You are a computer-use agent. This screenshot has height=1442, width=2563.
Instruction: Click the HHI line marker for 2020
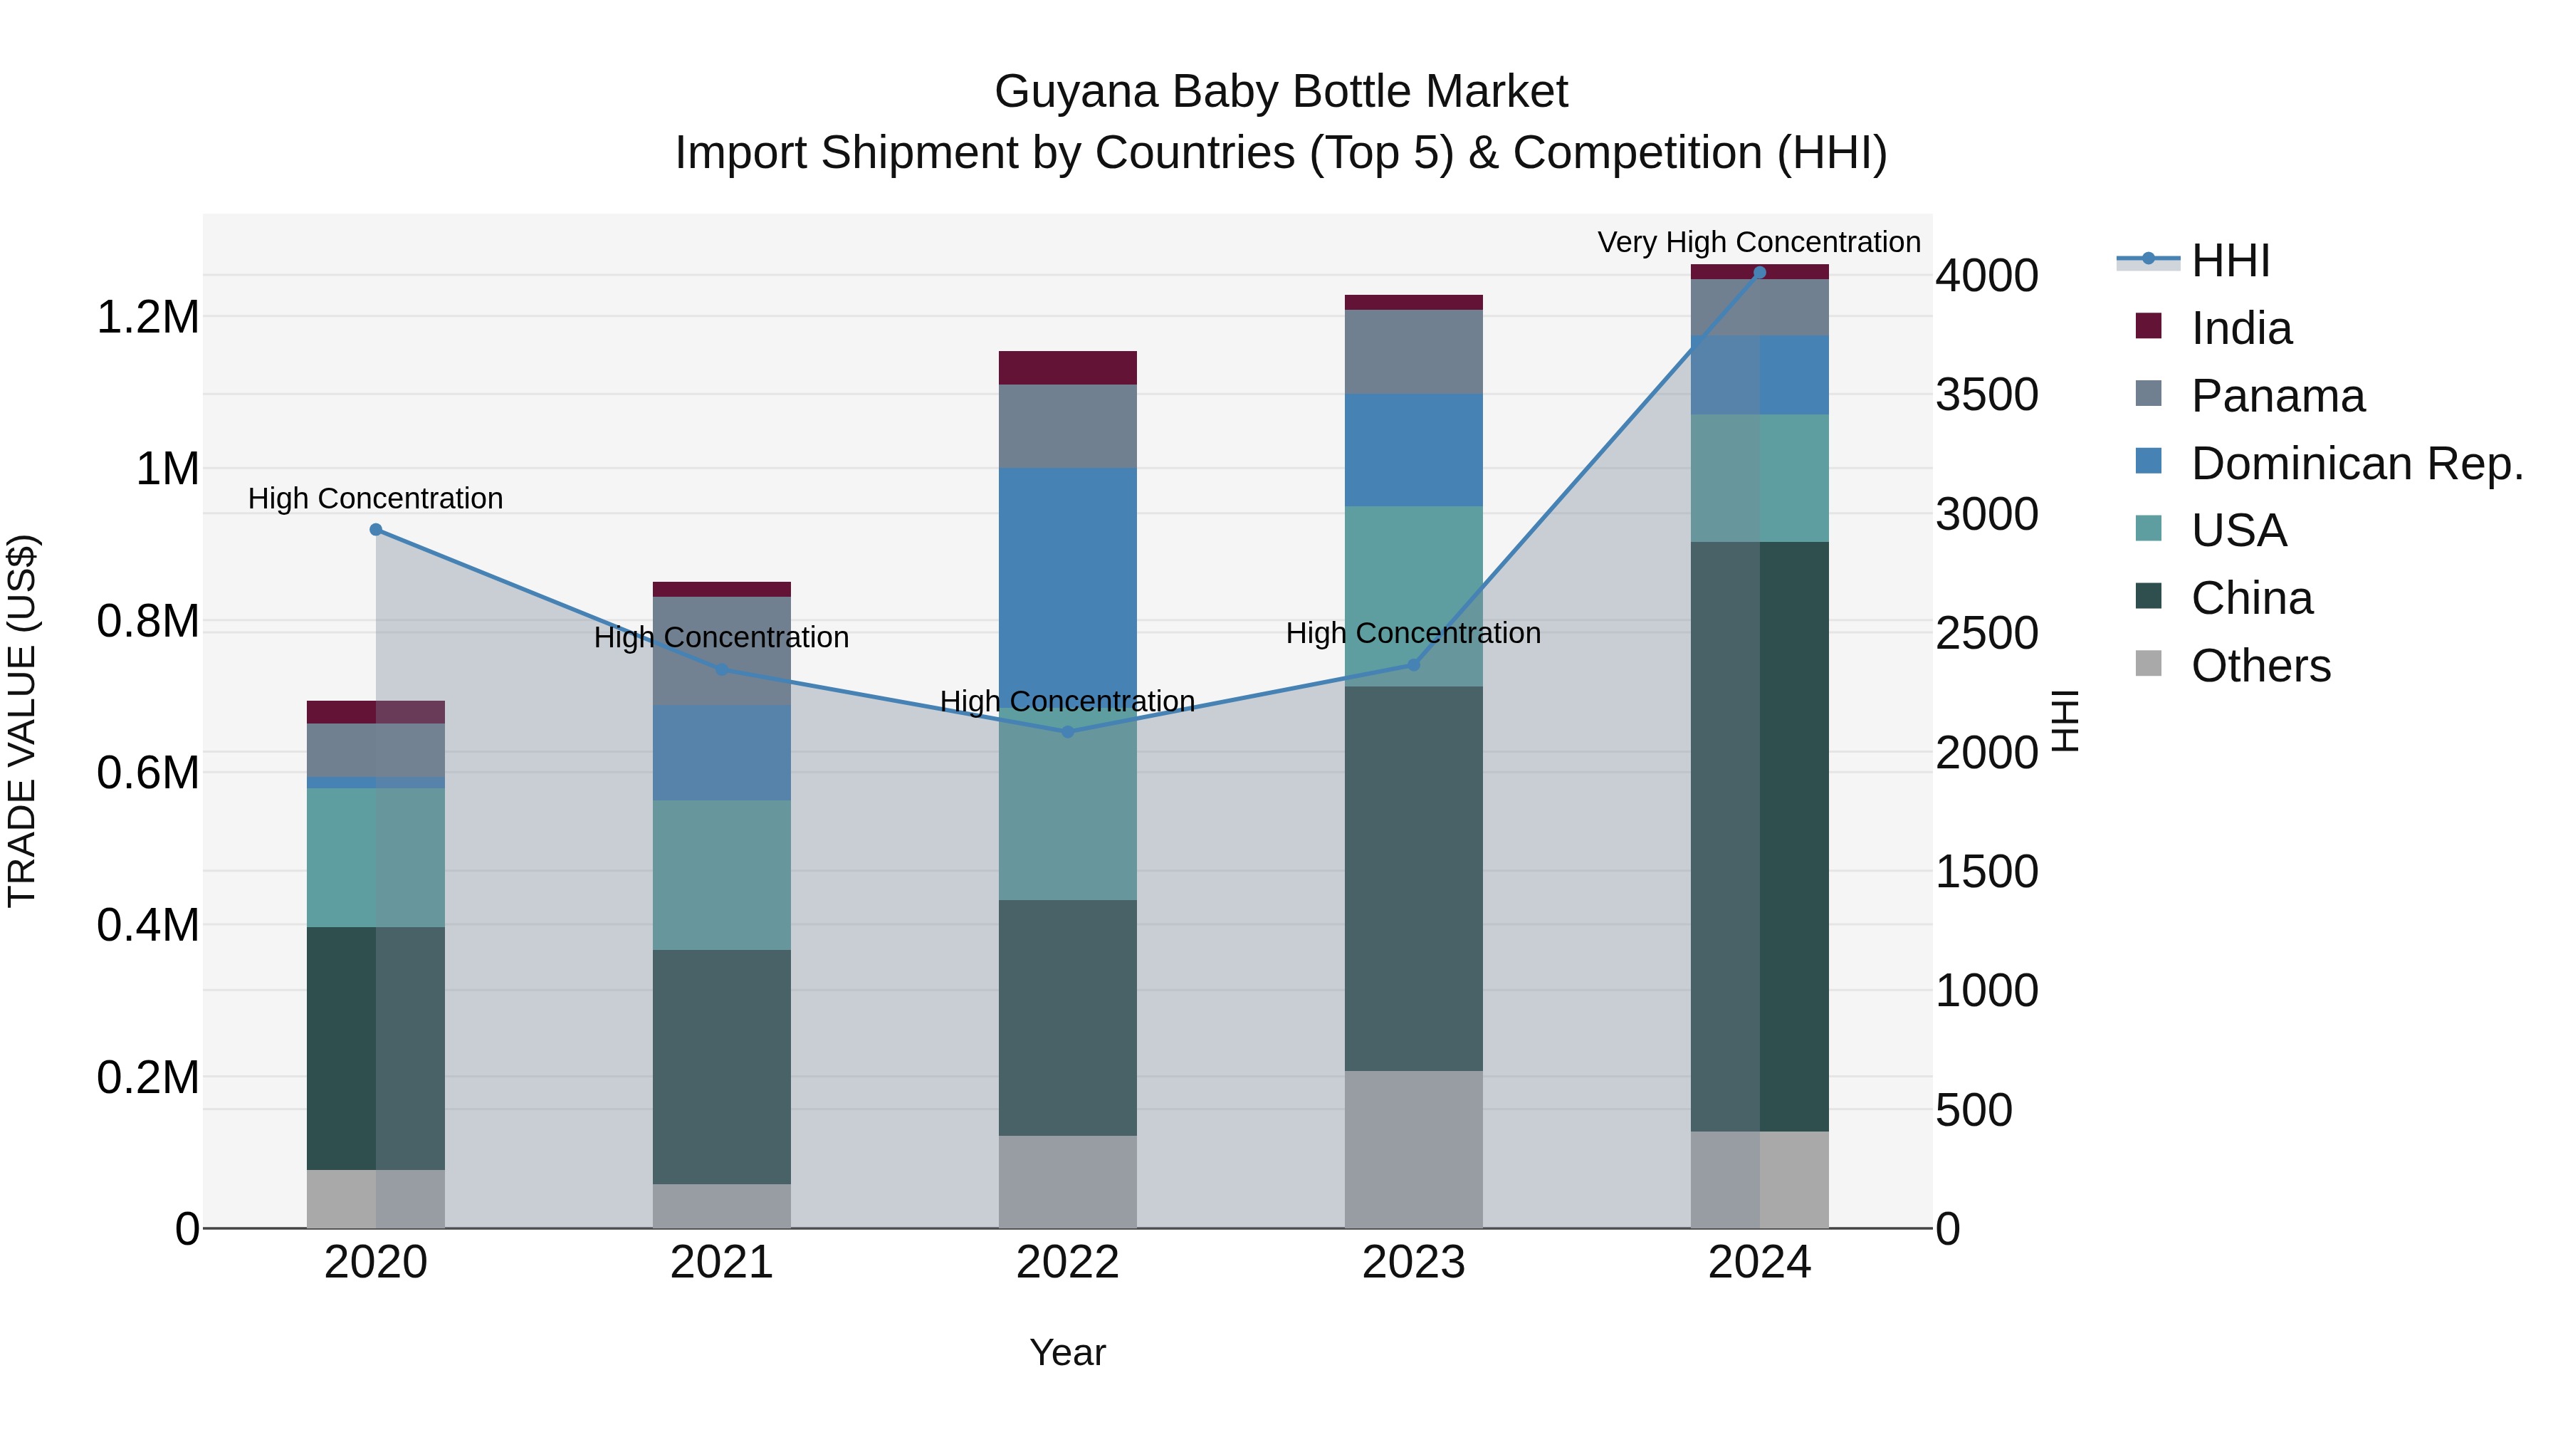point(375,529)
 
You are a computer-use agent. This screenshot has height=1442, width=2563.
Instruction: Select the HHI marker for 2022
point(1068,731)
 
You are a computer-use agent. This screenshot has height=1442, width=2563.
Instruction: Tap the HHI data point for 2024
point(1759,272)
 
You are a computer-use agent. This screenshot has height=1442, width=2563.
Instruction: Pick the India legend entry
point(2240,328)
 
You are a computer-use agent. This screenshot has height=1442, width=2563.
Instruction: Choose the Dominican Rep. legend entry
point(2356,464)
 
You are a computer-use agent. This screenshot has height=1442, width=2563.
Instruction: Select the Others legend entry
point(2260,666)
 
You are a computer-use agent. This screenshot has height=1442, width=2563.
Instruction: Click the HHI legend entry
point(2230,261)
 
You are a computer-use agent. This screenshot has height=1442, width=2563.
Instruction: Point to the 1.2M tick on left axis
point(148,318)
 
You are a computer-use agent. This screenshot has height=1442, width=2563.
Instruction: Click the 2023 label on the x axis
point(1412,1263)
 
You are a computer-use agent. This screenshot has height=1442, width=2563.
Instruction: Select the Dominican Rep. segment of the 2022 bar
point(1068,587)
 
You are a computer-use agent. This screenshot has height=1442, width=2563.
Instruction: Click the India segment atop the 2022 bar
point(1068,367)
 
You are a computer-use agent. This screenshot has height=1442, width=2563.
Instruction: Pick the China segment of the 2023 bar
point(1412,878)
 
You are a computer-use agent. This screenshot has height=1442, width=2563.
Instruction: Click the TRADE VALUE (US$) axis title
point(22,721)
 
